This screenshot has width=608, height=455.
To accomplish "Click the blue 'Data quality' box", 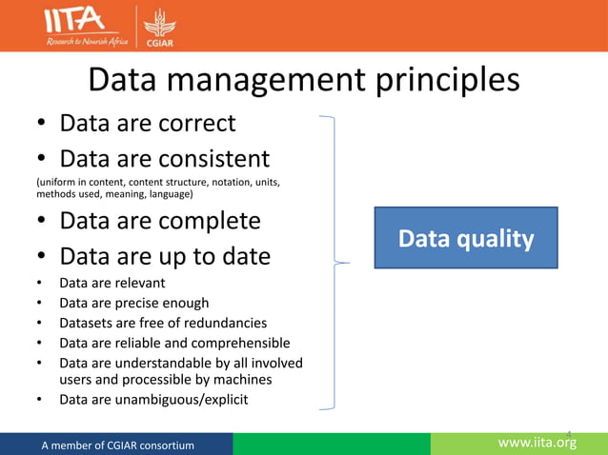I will pos(466,239).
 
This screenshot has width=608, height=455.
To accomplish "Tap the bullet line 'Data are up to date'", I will pos(165,257).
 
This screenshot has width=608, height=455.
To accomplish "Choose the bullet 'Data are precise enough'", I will pos(133,304).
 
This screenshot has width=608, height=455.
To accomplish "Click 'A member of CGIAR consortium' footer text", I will pos(117,445).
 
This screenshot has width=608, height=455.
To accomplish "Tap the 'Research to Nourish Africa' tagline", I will pos(74,42).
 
